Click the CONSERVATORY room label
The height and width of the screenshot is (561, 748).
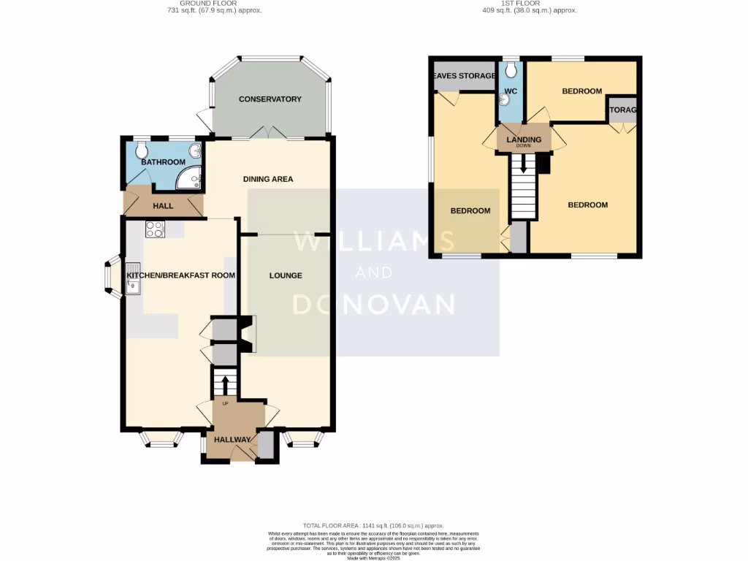pyautogui.click(x=270, y=99)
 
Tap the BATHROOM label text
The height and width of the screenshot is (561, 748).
pyautogui.click(x=163, y=162)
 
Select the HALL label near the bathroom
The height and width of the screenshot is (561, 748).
pyautogui.click(x=163, y=206)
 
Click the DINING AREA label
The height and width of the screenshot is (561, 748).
pyautogui.click(x=267, y=179)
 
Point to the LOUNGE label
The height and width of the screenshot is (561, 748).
pyautogui.click(x=286, y=275)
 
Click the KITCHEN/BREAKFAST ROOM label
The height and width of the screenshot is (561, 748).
pyautogui.click(x=181, y=275)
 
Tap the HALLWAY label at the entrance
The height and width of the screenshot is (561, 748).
pyautogui.click(x=232, y=440)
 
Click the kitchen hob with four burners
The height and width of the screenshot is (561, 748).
pyautogui.click(x=155, y=229)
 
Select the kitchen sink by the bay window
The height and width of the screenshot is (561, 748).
pyautogui.click(x=134, y=279)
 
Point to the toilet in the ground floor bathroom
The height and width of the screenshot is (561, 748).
pyautogui.click(x=141, y=149)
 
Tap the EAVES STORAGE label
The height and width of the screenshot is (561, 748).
pyautogui.click(x=464, y=75)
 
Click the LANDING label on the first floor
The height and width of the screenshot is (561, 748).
pyautogui.click(x=524, y=140)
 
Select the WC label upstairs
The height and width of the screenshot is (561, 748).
pyautogui.click(x=511, y=91)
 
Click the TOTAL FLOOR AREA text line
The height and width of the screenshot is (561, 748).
pyautogui.click(x=373, y=526)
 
